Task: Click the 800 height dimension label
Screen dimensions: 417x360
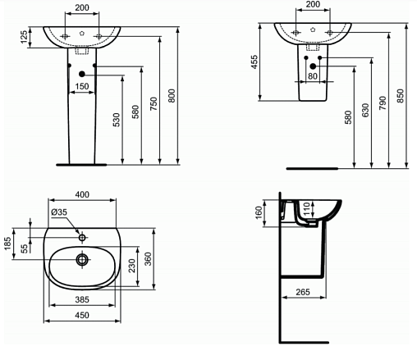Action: coord(172,96)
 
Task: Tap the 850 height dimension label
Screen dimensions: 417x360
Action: coord(400,96)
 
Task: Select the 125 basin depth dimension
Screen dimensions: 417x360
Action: coord(24,37)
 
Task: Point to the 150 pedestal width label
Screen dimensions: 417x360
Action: coord(82,86)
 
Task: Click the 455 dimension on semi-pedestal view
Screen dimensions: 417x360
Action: coord(254,62)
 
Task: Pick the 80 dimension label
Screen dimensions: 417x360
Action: coord(313,76)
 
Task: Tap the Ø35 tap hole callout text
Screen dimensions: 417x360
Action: coord(59,212)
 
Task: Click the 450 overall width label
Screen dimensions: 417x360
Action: coord(82,315)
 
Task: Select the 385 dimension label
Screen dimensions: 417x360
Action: coord(82,299)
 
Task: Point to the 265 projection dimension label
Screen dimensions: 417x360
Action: coord(303,292)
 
